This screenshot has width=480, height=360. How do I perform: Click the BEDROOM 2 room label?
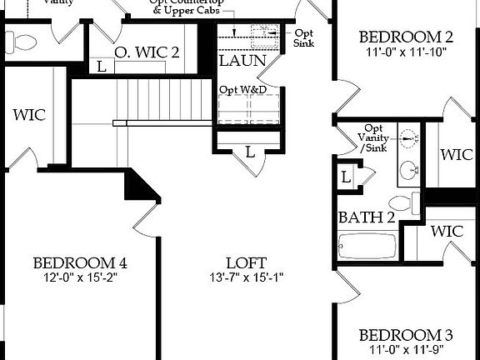[x=406, y=37]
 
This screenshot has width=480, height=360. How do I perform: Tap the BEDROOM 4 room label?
[x=81, y=262]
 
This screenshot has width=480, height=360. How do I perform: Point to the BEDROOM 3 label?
[x=406, y=335]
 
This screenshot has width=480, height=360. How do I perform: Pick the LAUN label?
[x=242, y=61]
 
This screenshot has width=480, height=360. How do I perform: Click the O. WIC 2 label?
[x=147, y=52]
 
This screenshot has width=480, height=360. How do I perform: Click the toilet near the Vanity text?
[x=20, y=40]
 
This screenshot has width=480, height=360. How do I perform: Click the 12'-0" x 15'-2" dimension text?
[x=81, y=277]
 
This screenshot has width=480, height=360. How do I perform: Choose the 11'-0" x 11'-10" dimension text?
[x=406, y=52]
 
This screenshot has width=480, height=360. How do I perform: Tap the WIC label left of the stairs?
[x=28, y=115]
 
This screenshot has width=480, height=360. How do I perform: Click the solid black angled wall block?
[x=141, y=187]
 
